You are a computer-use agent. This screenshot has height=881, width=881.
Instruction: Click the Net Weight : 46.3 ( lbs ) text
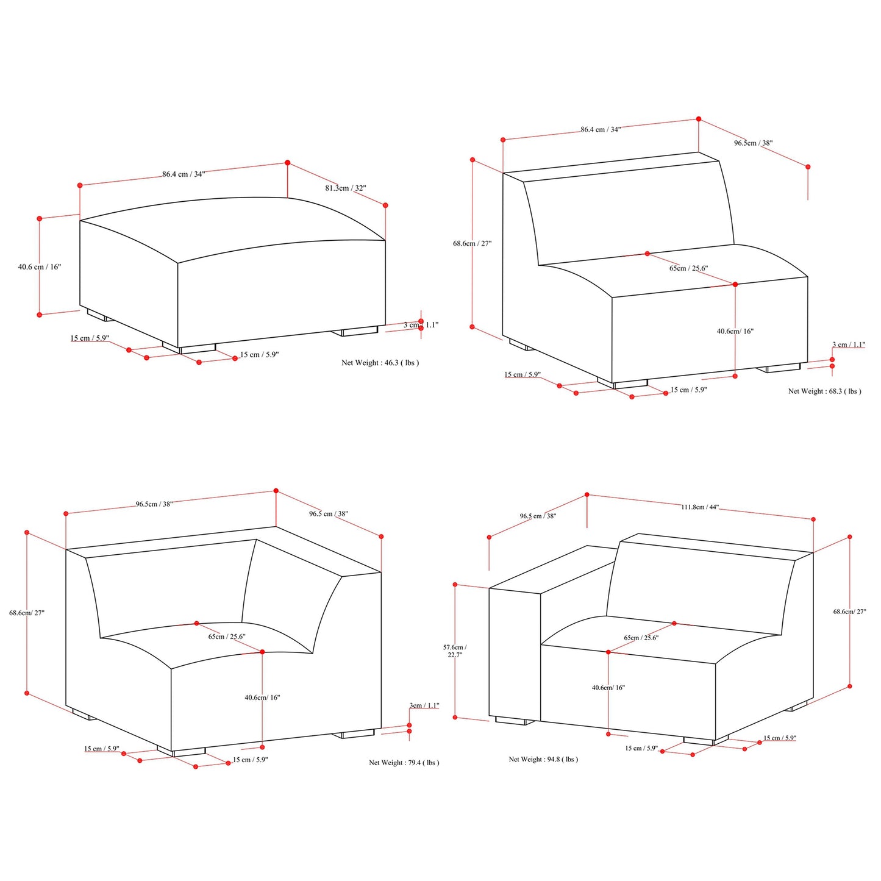point(380,363)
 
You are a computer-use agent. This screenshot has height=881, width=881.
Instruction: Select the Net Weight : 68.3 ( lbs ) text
point(824,391)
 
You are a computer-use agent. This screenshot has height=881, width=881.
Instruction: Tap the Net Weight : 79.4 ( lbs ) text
point(404,762)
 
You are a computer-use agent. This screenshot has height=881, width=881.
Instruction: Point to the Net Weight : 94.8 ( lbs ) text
point(543,759)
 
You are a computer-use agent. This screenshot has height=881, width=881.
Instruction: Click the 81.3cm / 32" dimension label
point(346,188)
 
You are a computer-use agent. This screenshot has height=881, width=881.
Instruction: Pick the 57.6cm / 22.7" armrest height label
point(455,651)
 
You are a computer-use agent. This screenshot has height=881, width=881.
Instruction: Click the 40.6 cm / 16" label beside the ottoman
point(39,266)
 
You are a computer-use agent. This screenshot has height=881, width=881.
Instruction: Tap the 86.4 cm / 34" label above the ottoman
point(184,174)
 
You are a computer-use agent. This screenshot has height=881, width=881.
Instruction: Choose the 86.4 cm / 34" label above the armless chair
point(601,129)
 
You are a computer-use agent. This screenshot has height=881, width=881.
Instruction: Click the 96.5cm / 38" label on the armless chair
point(754,143)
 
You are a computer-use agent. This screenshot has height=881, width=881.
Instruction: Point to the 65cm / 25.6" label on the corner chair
point(227,636)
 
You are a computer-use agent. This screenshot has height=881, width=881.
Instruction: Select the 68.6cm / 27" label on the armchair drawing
point(849,612)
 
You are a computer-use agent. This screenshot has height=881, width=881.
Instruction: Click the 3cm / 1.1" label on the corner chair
point(424,705)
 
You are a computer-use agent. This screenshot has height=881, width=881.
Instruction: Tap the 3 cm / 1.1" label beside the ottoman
point(421,324)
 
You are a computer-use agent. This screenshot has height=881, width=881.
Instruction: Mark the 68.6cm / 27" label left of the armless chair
point(473,243)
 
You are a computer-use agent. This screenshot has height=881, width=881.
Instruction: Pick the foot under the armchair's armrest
point(515,721)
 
